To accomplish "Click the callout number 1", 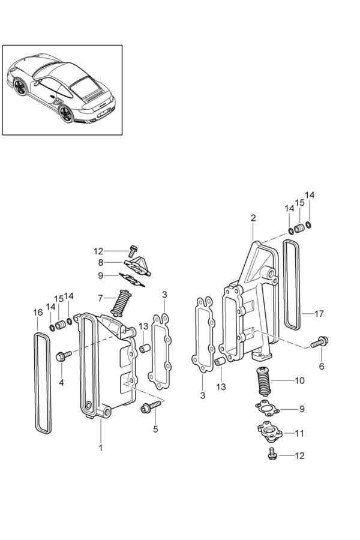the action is tap(101, 448).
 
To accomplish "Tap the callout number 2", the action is tap(253, 218).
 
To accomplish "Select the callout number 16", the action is tap(38, 313).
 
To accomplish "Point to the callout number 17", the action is tap(319, 314).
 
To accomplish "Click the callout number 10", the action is tap(300, 380).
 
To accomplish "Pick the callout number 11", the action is tap(299, 433).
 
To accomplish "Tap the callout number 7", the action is tap(100, 298).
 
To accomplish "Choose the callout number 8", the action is tap(100, 263).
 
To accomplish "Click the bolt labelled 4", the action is tap(64, 356).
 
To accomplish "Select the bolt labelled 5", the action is tap(151, 406).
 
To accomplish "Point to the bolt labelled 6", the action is tap(319, 342).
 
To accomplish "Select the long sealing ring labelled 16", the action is tap(43, 383).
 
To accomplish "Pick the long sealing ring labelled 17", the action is tap(292, 284).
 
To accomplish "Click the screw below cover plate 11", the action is tap(272, 454).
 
